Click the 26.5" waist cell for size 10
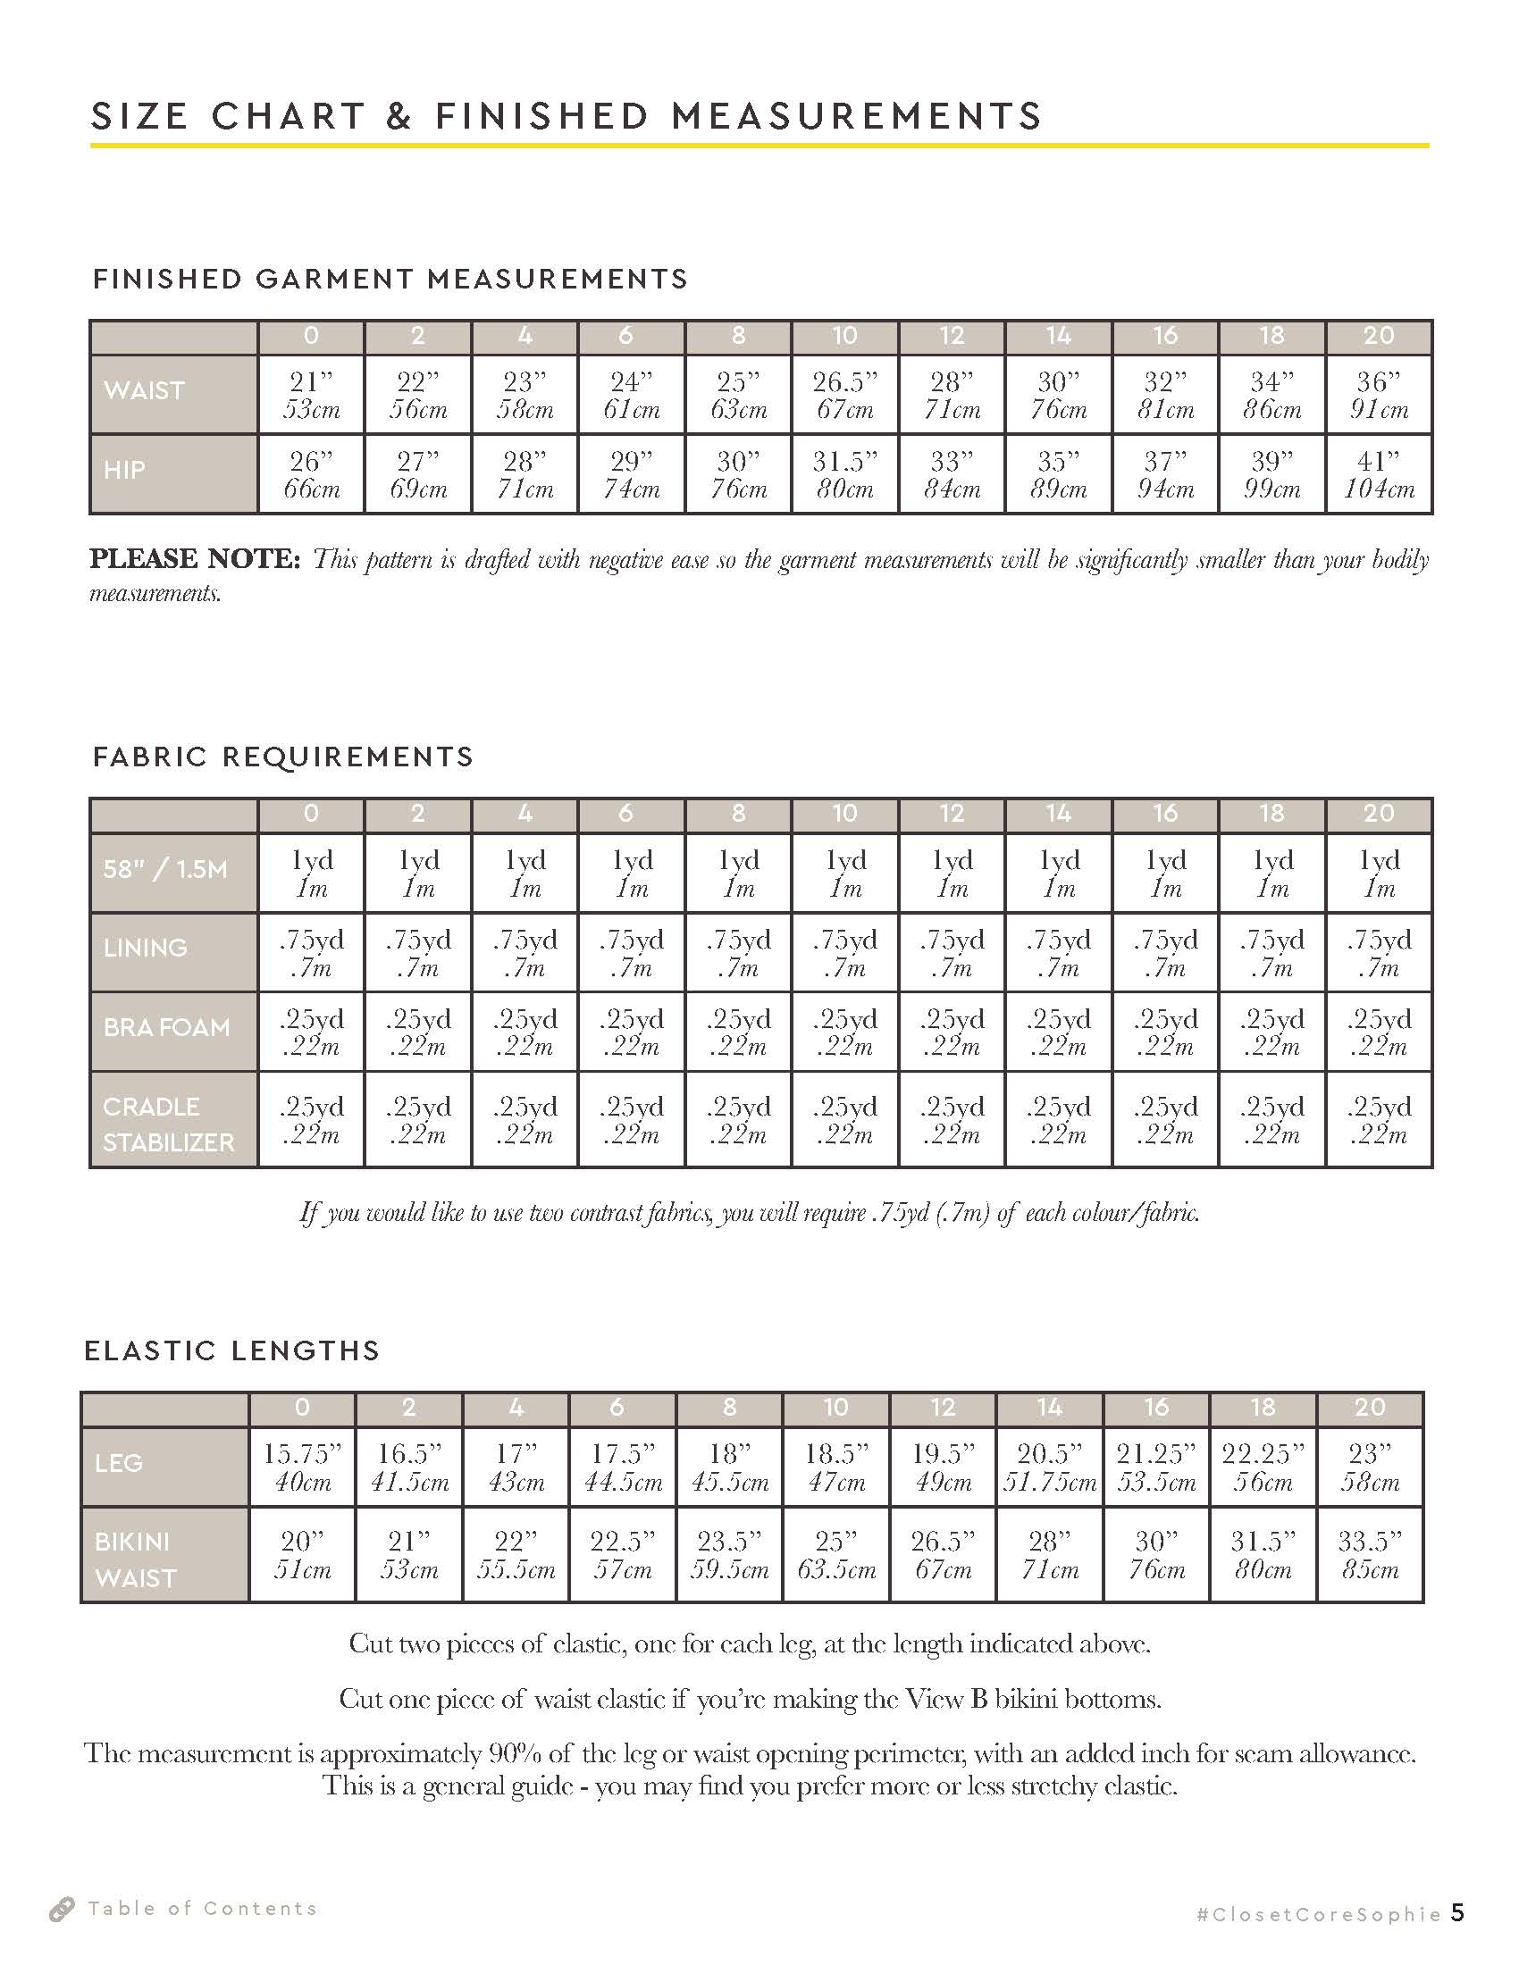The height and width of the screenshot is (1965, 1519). click(x=845, y=395)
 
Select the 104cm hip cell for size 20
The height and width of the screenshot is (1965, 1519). click(x=1379, y=474)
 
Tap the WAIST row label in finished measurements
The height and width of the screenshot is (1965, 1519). click(x=144, y=390)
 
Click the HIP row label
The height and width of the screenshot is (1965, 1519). click(x=124, y=470)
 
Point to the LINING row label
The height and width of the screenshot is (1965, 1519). click(x=146, y=948)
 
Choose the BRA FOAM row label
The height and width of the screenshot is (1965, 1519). click(x=166, y=1026)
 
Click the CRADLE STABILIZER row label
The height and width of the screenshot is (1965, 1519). click(x=168, y=1124)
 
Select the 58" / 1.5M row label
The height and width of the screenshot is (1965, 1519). click(x=164, y=869)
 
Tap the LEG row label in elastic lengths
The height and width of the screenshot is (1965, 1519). click(x=119, y=1463)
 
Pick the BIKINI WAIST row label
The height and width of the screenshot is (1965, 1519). click(x=135, y=1559)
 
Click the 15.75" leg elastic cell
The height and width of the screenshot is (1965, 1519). click(x=302, y=1467)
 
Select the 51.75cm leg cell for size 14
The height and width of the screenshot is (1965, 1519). click(x=1049, y=1467)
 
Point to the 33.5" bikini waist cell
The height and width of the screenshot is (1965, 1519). click(x=1370, y=1555)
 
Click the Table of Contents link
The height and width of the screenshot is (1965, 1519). click(x=203, y=1909)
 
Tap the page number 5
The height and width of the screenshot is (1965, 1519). click(x=1457, y=1912)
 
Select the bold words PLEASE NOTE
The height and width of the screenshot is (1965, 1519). click(x=195, y=559)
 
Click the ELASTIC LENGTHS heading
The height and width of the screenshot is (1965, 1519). click(x=232, y=1350)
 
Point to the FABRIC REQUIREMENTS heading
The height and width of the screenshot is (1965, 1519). click(x=283, y=757)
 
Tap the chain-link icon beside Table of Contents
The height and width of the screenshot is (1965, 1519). click(x=61, y=1909)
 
